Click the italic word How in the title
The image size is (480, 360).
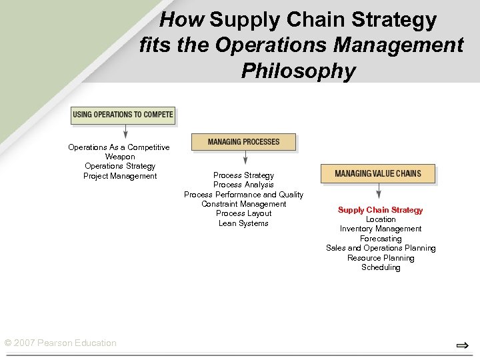click(x=183, y=20)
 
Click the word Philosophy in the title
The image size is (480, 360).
click(x=298, y=71)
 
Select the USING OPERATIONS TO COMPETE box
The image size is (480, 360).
click(x=123, y=115)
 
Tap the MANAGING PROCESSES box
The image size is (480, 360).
click(x=243, y=142)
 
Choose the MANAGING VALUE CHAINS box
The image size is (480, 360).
click(x=378, y=173)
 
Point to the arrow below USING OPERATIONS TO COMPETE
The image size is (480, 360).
click(x=125, y=132)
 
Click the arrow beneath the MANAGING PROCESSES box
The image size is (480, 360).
click(x=245, y=158)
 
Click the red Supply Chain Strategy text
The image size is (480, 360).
click(x=380, y=210)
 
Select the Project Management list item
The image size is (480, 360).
click(x=120, y=176)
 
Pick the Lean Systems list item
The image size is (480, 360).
click(x=243, y=223)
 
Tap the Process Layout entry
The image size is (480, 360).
click(x=243, y=213)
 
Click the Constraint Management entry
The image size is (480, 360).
click(x=243, y=204)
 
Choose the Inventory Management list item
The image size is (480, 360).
click(x=381, y=229)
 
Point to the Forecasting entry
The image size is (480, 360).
click(x=381, y=239)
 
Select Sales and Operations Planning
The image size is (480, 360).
click(x=381, y=248)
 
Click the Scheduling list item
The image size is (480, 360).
click(x=381, y=267)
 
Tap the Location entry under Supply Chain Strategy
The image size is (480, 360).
click(x=381, y=219)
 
